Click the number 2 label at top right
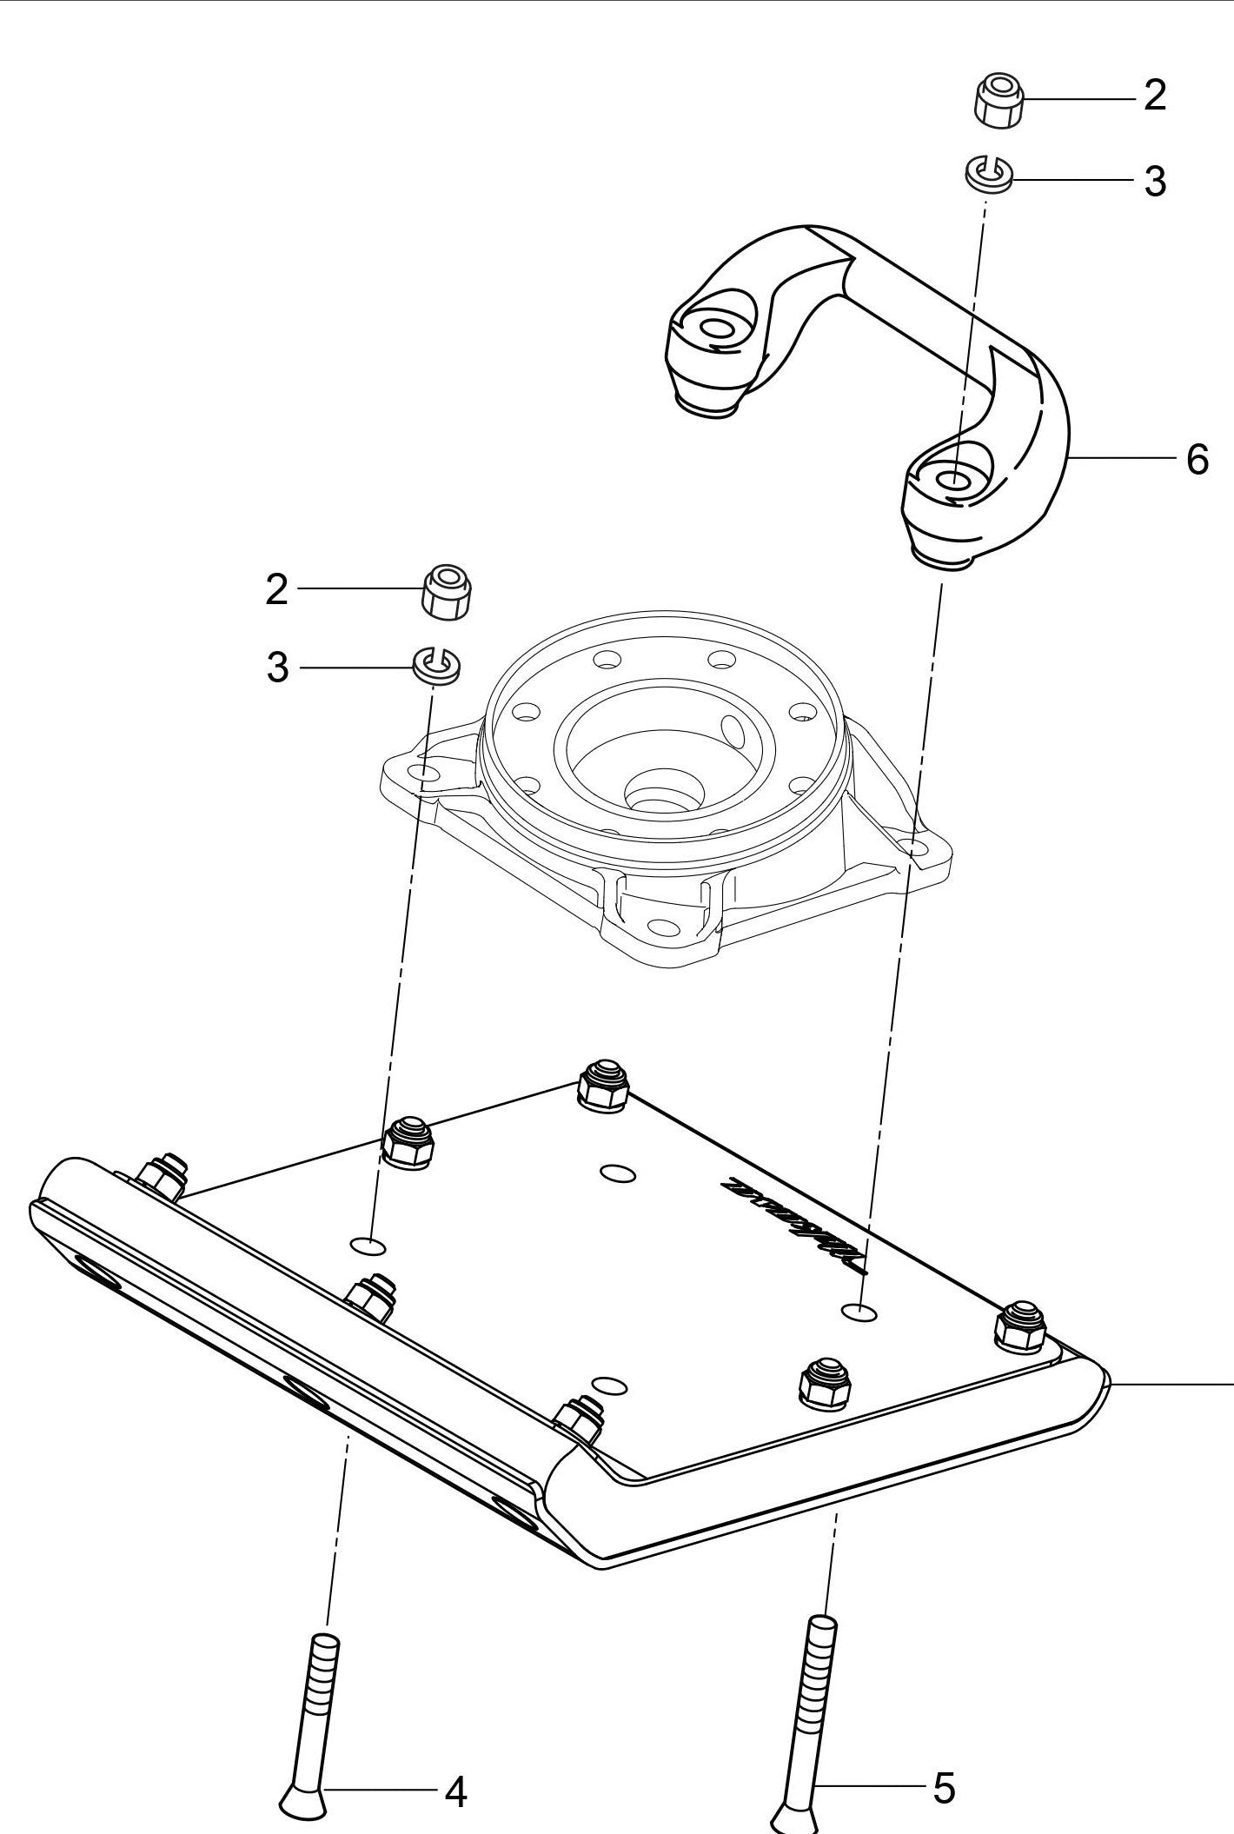(1154, 96)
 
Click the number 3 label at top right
(1154, 182)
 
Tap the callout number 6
(1197, 459)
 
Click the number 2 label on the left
(276, 591)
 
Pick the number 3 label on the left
(276, 668)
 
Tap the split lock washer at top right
(989, 174)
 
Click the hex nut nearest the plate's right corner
(1018, 1330)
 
